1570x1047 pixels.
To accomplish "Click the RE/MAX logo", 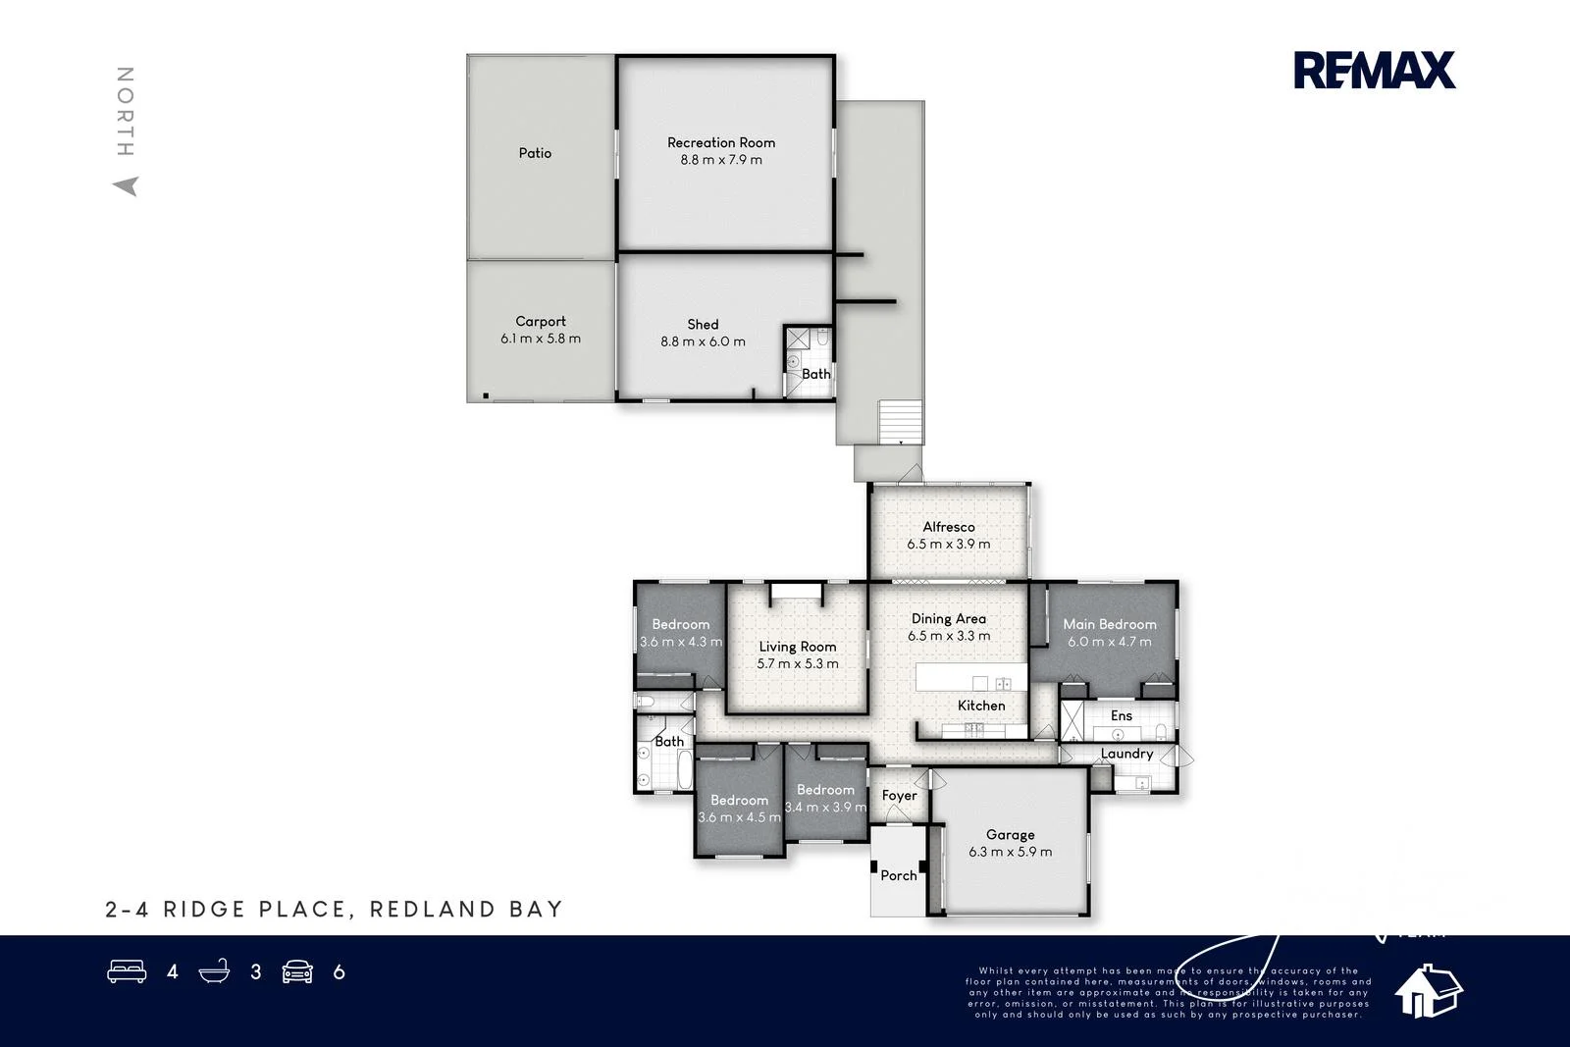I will pyautogui.click(x=1374, y=70).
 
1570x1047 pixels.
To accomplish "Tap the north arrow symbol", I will pyautogui.click(x=126, y=185).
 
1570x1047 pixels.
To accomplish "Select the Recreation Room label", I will pyautogui.click(x=721, y=142).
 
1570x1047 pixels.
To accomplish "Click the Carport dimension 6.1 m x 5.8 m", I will pyautogui.click(x=541, y=339).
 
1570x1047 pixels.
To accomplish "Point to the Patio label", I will pyautogui.click(x=535, y=153).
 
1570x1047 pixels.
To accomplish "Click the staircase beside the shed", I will pyautogui.click(x=900, y=422).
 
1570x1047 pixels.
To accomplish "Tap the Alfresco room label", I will pyautogui.click(x=948, y=527).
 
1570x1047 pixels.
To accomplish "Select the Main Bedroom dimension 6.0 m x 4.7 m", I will pyautogui.click(x=1110, y=642).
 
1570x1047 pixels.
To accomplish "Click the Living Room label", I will pyautogui.click(x=797, y=647).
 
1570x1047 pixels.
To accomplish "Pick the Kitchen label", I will pyautogui.click(x=981, y=706).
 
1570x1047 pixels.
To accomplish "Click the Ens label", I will pyautogui.click(x=1122, y=716).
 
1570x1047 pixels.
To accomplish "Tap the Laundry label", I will pyautogui.click(x=1126, y=754).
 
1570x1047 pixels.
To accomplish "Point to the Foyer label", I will pyautogui.click(x=899, y=796).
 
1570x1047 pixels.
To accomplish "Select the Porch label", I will pyautogui.click(x=898, y=875).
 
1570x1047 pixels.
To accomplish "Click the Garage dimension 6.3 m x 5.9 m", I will pyautogui.click(x=1010, y=852).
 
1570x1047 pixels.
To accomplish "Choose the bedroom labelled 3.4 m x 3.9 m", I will pyautogui.click(x=825, y=799).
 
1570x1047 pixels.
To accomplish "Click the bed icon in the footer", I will pyautogui.click(x=127, y=971).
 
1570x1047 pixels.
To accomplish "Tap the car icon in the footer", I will pyautogui.click(x=297, y=971).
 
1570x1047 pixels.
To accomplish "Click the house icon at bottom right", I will pyautogui.click(x=1428, y=990).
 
